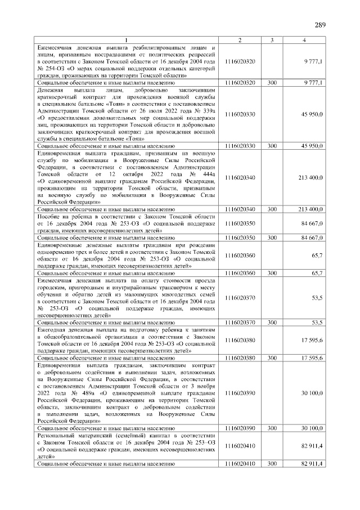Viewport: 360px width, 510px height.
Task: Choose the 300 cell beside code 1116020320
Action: click(272, 83)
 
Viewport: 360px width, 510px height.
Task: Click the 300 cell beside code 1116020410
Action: click(272, 463)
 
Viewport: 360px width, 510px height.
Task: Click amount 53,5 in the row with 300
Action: click(316, 322)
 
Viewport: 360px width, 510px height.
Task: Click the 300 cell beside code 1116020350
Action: click(272, 238)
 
